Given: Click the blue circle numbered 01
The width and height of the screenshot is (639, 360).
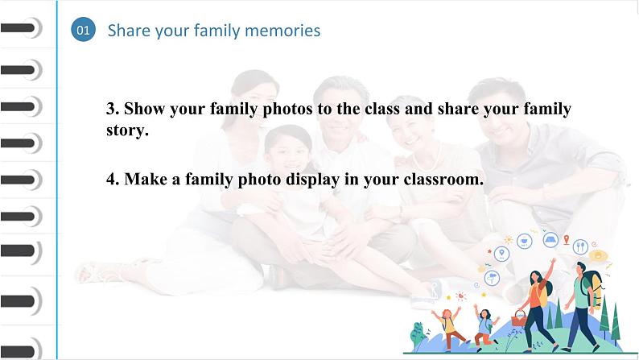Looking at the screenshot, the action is [x=83, y=29].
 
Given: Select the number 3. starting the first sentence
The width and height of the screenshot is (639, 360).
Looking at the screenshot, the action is [x=113, y=109].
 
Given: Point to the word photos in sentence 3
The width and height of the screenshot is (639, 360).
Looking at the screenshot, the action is [x=287, y=110].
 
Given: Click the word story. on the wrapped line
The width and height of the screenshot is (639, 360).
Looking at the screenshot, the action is [x=127, y=130].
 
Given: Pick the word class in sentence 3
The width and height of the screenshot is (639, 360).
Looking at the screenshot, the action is [x=382, y=109].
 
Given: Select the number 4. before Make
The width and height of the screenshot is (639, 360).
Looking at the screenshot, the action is [x=113, y=179].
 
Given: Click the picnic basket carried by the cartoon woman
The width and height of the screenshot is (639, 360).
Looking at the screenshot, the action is [x=519, y=318].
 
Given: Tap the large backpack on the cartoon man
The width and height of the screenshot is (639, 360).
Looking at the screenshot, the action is [x=593, y=288].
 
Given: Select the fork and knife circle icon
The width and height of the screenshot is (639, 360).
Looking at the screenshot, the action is [x=580, y=246].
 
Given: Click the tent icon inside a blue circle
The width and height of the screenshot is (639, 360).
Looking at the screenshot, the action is [x=550, y=240].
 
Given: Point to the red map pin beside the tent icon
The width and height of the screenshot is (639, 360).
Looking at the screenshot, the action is [x=567, y=239].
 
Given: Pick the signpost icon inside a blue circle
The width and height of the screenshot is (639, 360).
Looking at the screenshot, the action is [x=493, y=278].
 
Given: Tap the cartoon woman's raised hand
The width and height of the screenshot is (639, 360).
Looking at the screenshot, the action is [x=553, y=260].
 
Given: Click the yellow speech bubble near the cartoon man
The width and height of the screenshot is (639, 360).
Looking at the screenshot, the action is [x=598, y=255].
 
